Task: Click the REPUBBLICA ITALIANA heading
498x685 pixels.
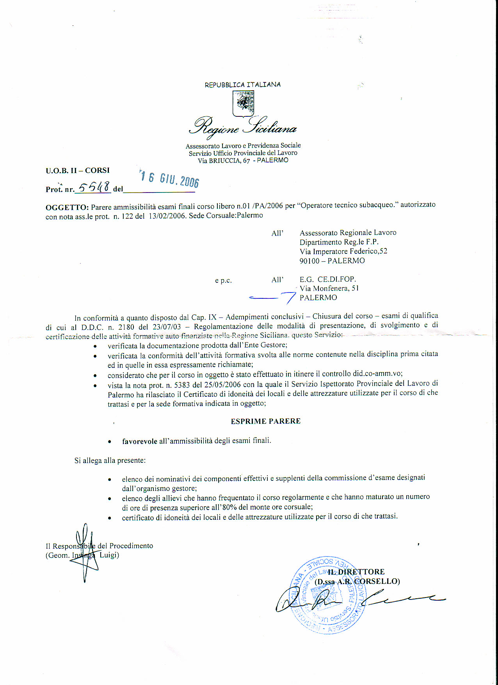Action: click(242, 85)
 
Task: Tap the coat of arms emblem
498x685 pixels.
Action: click(243, 104)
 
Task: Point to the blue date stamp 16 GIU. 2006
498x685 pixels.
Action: click(170, 179)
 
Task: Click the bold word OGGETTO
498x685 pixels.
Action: click(67, 207)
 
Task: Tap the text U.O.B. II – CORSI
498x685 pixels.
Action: click(78, 170)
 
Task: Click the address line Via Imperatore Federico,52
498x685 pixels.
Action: click(343, 251)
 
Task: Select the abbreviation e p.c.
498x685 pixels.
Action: click(223, 280)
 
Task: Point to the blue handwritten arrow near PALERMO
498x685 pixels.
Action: click(273, 298)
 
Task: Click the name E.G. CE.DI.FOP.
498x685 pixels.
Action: click(328, 279)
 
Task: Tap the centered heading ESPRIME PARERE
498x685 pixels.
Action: click(265, 421)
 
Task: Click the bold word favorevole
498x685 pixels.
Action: click(139, 441)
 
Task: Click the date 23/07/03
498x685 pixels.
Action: click(167, 326)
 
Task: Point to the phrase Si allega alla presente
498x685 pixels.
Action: click(110, 460)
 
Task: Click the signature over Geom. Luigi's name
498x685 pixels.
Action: click(84, 553)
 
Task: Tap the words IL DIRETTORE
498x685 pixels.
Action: click(356, 572)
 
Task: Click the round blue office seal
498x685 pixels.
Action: click(330, 594)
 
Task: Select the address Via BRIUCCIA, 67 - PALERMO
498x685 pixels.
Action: click(243, 160)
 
